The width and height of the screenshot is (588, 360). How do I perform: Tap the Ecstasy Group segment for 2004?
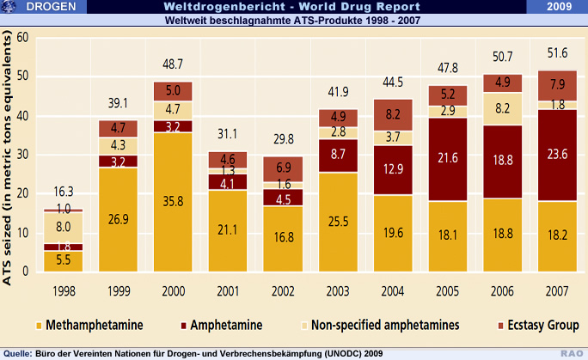392,114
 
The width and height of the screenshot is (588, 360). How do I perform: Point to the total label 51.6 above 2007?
556,54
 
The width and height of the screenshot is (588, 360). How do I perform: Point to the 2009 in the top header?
562,7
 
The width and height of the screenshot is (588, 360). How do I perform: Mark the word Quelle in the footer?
18,352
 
